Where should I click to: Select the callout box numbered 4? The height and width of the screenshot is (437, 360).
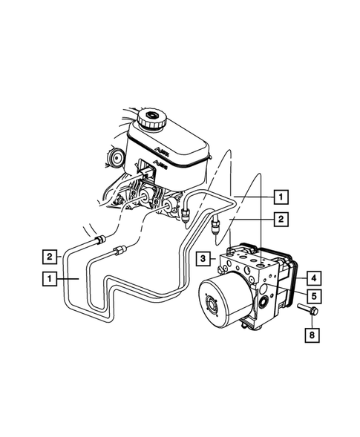(x=313, y=278)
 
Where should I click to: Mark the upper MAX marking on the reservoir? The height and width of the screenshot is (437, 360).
(x=161, y=148)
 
